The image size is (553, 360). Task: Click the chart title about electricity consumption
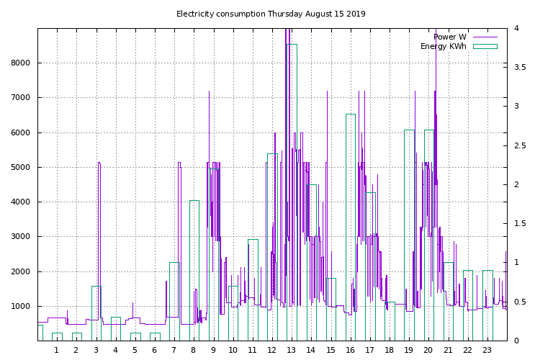pos(271,14)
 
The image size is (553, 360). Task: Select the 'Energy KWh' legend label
pos(443,46)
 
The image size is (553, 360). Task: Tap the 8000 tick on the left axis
pos(20,63)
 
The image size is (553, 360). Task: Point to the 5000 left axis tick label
pos(20,167)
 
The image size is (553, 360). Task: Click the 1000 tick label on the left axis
pos(20,306)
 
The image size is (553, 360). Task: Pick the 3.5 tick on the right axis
pos(521,67)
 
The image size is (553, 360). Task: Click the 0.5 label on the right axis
pos(521,302)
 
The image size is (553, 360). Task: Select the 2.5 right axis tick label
pos(521,145)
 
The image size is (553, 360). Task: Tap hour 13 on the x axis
pos(291,351)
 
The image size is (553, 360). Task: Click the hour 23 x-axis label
pos(487,351)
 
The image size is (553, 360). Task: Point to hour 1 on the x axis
pos(56,351)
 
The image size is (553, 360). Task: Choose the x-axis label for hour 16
pos(350,351)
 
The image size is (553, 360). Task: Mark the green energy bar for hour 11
pos(253,288)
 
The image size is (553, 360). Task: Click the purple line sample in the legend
pos(485,37)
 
